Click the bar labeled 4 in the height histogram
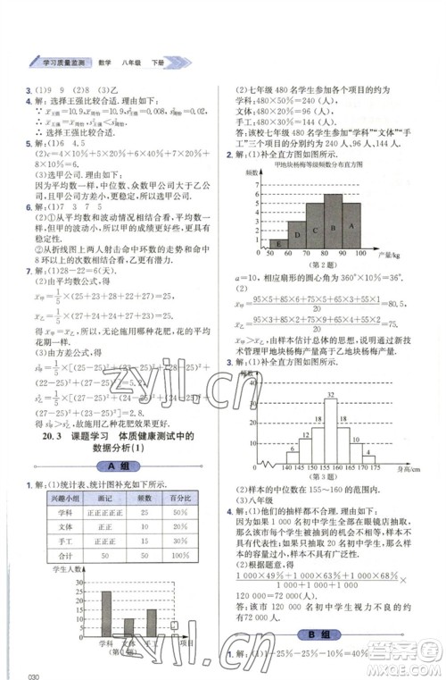pyautogui.click(x=368, y=458)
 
